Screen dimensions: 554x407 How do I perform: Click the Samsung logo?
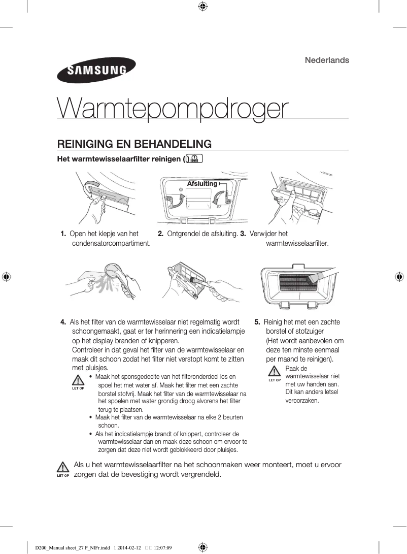pyautogui.click(x=96, y=70)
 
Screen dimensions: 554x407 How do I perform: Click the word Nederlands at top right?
pyautogui.click(x=327, y=60)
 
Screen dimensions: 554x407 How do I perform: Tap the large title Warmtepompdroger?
pyautogui.click(x=173, y=108)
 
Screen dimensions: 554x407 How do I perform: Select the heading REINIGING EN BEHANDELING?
pyautogui.click(x=134, y=143)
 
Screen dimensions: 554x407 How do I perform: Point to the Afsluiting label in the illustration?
pyautogui.click(x=202, y=184)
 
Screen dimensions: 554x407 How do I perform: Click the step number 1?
pyautogui.click(x=63, y=234)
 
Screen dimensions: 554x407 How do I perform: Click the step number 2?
pyautogui.click(x=160, y=234)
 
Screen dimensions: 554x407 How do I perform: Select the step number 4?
pyautogui.click(x=63, y=322)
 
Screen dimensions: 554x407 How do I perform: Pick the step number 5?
pyautogui.click(x=257, y=322)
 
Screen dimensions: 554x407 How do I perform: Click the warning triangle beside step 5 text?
pyautogui.click(x=275, y=371)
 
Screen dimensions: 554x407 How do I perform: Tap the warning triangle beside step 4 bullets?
pyautogui.click(x=78, y=380)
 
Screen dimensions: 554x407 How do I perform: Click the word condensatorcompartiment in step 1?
pyautogui.click(x=111, y=243)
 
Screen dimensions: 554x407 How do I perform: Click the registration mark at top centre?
pyautogui.click(x=203, y=6)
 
